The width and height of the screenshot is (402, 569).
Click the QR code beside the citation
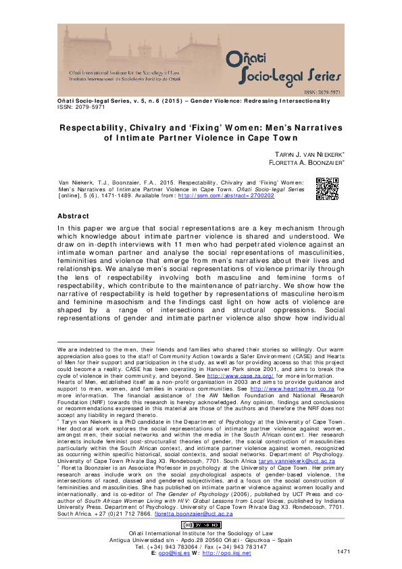[x=327, y=189]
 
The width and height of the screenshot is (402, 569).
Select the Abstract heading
[x=74, y=216]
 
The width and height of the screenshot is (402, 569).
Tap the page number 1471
[x=343, y=553]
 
